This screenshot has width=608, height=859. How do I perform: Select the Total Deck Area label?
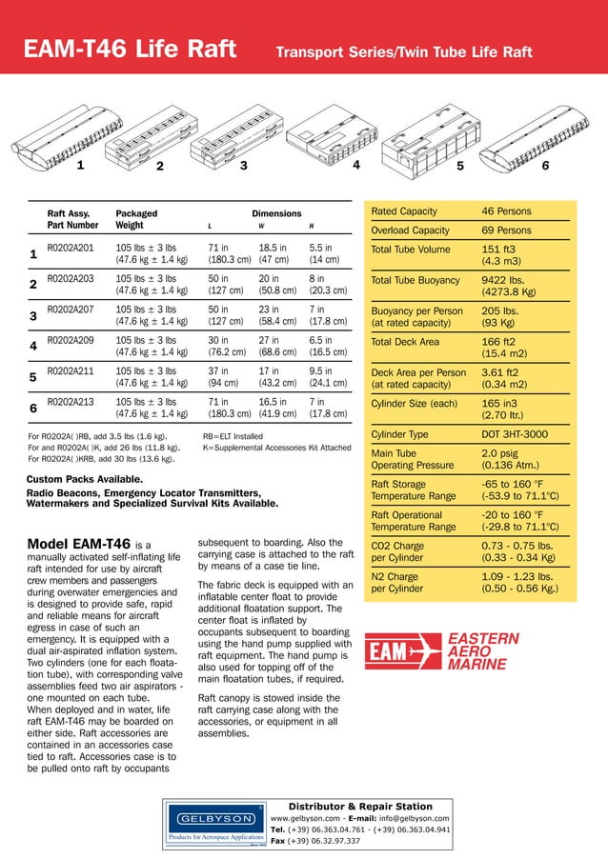405,341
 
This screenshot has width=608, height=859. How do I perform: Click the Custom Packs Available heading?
85,478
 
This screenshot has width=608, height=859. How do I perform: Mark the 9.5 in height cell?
321,371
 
